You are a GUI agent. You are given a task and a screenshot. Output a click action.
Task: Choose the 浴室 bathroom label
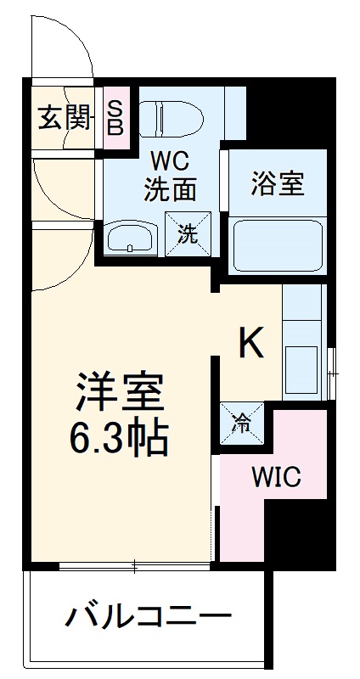click(278, 183)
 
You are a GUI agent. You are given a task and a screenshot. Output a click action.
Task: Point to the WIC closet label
click(275, 478)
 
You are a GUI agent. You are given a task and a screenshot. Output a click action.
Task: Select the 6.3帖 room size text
click(119, 438)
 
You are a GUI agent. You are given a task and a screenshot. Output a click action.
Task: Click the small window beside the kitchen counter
click(332, 361)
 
